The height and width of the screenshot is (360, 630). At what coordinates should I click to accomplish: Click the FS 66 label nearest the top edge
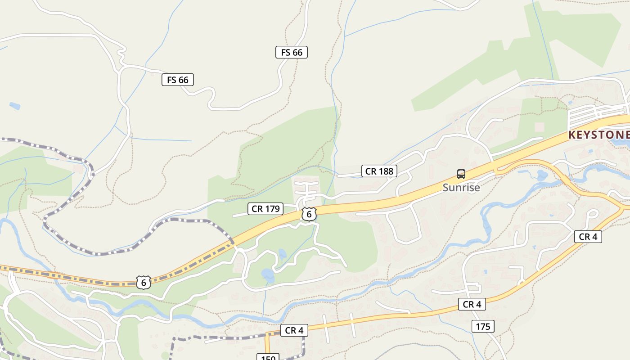tap(292, 52)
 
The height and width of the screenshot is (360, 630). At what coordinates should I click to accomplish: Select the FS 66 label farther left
tap(178, 80)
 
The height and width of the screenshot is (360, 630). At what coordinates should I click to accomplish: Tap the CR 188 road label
tap(379, 171)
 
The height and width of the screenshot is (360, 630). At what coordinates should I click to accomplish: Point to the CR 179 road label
tap(265, 208)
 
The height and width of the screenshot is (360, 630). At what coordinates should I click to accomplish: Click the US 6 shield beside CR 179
tap(309, 214)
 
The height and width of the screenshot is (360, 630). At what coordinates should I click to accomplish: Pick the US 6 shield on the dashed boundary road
tap(144, 282)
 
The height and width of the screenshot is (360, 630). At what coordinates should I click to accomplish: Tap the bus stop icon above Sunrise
tap(461, 174)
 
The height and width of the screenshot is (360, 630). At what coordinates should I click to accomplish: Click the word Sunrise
tap(461, 188)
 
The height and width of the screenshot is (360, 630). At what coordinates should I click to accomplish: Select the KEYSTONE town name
tap(598, 135)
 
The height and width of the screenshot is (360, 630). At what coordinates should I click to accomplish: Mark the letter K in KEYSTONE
tap(572, 135)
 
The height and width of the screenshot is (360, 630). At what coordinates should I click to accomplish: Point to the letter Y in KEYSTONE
tap(590, 135)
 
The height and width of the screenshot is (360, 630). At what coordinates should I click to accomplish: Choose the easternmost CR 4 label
tap(588, 236)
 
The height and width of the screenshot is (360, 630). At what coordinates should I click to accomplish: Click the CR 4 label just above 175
tap(472, 304)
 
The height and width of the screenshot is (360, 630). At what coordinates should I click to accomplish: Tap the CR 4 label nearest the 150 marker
tap(294, 330)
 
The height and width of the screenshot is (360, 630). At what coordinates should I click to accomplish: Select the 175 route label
tap(483, 326)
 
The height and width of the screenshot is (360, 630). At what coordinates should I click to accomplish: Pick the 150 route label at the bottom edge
tap(268, 357)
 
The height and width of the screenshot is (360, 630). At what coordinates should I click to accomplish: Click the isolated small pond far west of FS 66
tap(15, 106)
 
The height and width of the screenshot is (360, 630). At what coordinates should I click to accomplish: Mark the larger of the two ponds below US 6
tap(268, 275)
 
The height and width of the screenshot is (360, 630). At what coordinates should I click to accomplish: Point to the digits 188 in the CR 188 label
tap(385, 171)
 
